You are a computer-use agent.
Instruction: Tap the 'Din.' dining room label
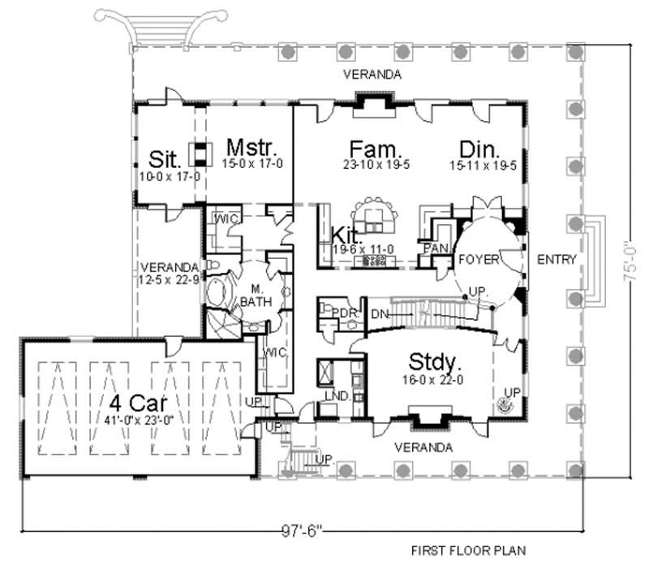point(478,149)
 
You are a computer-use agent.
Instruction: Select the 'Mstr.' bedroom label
point(253,149)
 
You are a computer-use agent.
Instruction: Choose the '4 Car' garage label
point(135,403)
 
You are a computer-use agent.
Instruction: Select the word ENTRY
point(557,260)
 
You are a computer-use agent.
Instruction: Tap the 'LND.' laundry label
point(338,396)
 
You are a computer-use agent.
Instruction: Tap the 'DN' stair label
point(380,314)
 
